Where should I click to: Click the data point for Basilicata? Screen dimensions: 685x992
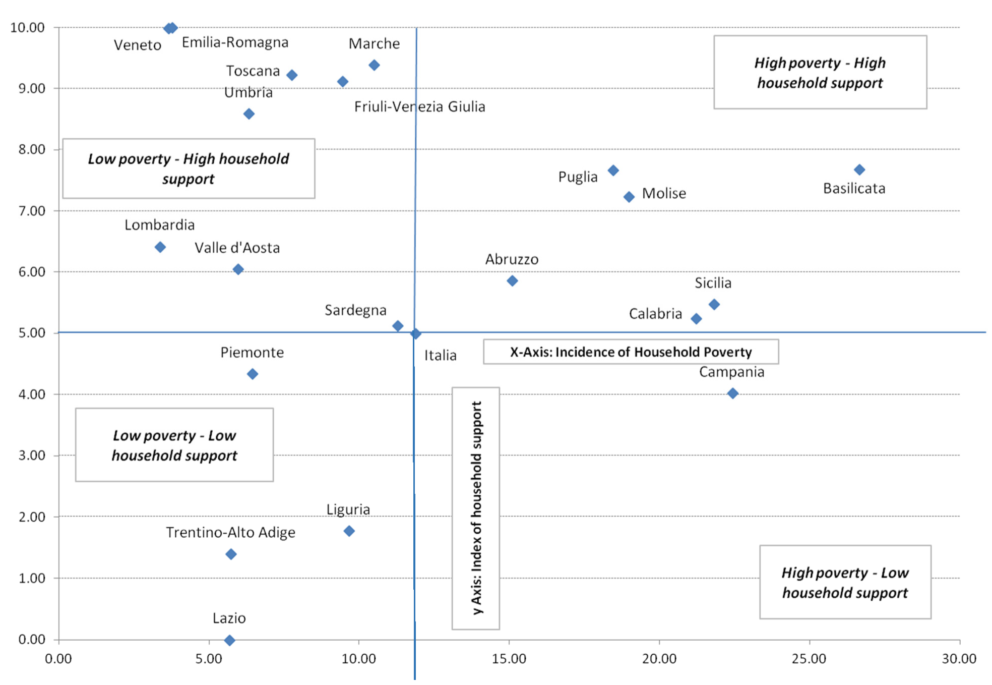point(859,169)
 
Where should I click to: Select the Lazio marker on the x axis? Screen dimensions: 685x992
point(229,640)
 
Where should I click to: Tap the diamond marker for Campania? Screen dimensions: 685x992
point(733,393)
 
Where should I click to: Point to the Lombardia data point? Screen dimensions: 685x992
point(160,247)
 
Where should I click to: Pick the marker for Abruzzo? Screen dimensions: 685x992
point(512,280)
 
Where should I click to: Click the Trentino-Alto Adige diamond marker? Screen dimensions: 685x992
point(231,554)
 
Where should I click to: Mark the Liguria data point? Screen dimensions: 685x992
point(349,531)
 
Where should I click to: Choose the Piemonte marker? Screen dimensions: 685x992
point(253,374)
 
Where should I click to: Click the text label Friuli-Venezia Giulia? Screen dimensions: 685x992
point(419,106)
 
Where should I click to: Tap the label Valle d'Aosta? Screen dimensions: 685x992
point(237,248)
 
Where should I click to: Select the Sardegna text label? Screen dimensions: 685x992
point(355,310)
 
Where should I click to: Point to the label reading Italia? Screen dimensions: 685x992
point(440,355)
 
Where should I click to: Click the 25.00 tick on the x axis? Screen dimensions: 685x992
point(809,658)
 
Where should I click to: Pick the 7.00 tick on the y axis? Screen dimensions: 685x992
point(32,211)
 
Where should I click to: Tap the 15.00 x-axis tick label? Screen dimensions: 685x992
point(509,658)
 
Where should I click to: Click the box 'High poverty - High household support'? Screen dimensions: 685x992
point(820,72)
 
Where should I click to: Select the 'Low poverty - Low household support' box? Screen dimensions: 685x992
point(174,445)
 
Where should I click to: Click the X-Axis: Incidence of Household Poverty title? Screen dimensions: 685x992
point(631,352)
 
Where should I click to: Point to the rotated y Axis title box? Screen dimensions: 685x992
point(475,508)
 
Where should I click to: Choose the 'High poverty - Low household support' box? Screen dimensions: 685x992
point(845,582)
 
